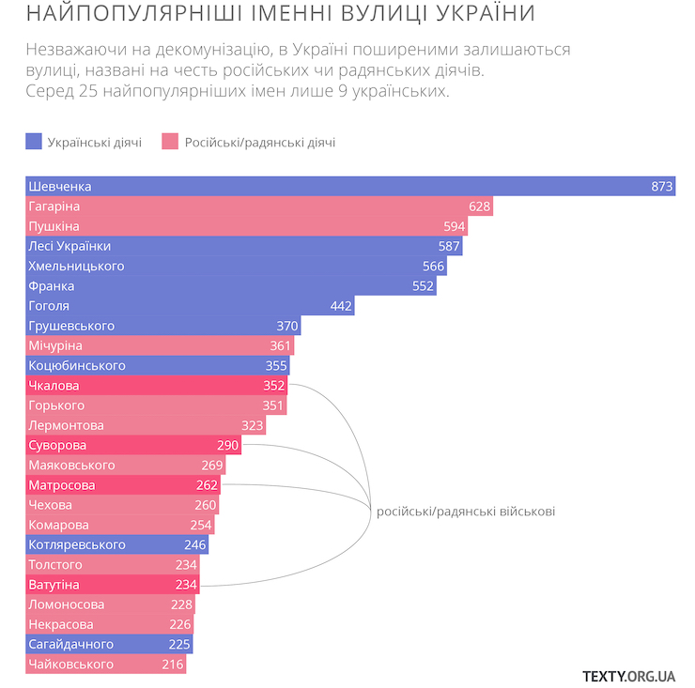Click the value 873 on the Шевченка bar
click(x=662, y=187)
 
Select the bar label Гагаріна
click(x=54, y=206)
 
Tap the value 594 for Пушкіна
click(x=455, y=226)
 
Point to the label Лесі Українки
click(x=69, y=246)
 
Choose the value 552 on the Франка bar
click(x=424, y=286)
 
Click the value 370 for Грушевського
click(x=287, y=326)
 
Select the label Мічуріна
click(x=55, y=346)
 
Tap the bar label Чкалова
click(x=54, y=386)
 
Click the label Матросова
click(x=61, y=485)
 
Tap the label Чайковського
click(x=70, y=665)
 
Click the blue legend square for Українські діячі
click(x=34, y=142)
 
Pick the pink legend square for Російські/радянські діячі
click(x=170, y=142)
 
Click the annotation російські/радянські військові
click(x=465, y=512)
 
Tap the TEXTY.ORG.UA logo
click(x=629, y=675)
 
